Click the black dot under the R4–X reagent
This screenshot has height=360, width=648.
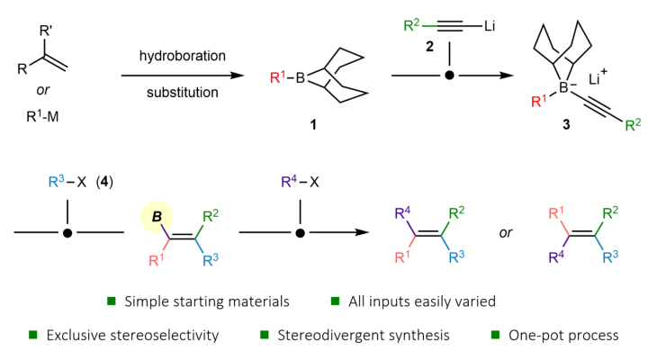coord(300,233)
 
